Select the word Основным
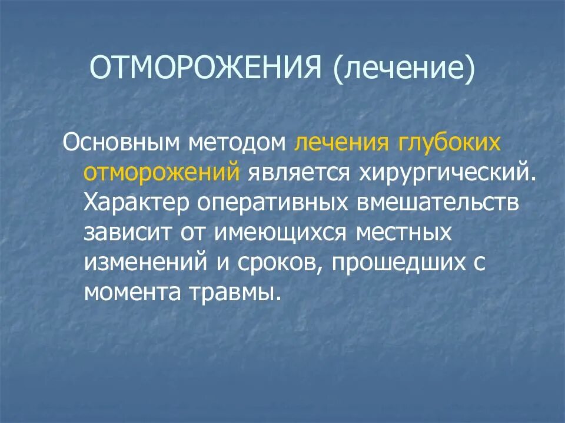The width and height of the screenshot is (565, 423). pyautogui.click(x=121, y=143)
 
